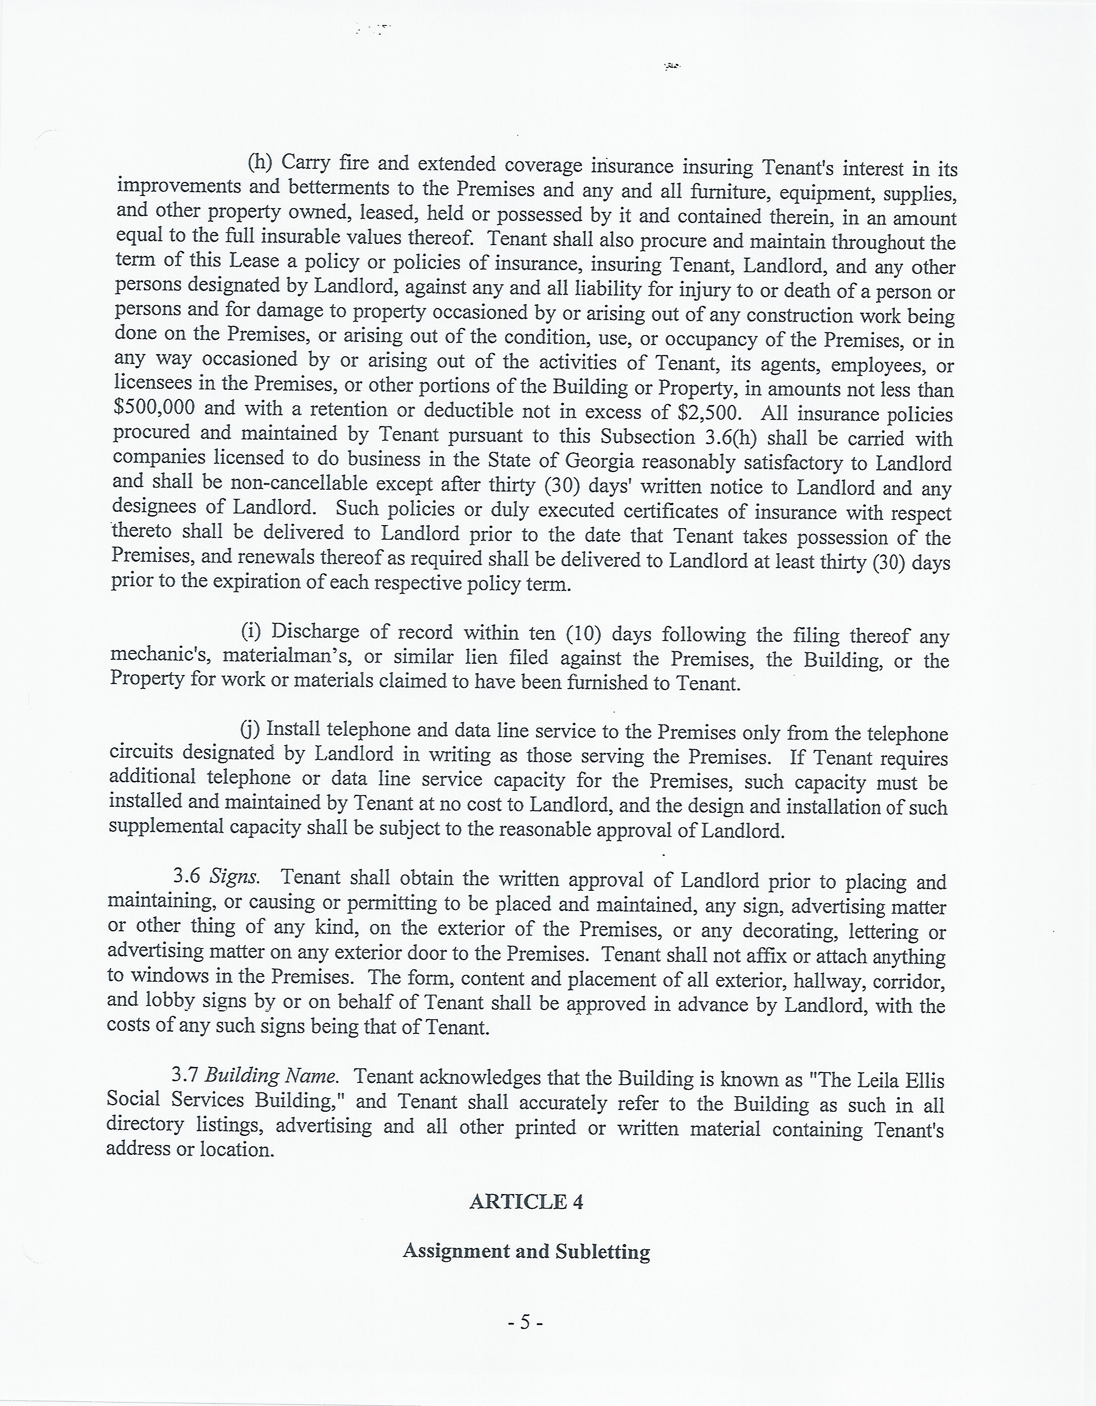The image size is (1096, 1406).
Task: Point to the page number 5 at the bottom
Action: click(x=526, y=1322)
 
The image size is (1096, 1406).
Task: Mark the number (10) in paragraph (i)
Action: click(x=583, y=634)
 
